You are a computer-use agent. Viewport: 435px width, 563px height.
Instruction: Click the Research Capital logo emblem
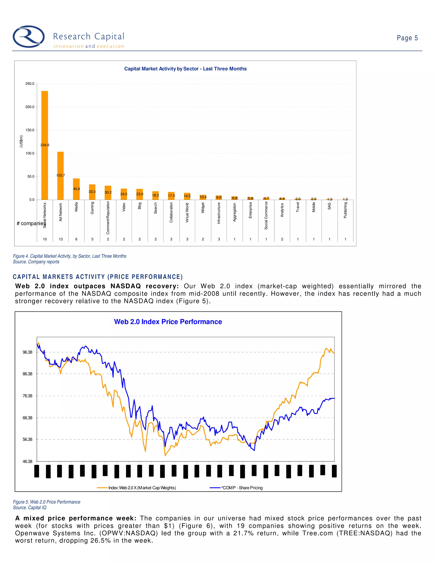point(29,37)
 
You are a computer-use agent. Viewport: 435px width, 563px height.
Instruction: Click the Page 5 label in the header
point(407,38)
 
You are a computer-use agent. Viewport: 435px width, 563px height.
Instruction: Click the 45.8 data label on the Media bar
point(76,189)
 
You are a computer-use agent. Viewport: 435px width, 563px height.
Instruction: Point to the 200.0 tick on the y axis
point(30,107)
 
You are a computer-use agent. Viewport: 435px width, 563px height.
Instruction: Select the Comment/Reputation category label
point(108,218)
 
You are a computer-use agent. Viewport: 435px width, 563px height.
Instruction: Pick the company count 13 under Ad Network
point(61,239)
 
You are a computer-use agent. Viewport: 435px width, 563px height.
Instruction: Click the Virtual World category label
point(187,213)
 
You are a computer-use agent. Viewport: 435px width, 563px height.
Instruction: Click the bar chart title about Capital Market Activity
point(185,69)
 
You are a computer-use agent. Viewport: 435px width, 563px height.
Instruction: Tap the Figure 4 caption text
point(70,256)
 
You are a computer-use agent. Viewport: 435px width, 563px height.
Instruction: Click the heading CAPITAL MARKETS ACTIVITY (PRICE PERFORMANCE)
point(98,277)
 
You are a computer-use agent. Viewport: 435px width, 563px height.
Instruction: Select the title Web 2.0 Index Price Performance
point(168,322)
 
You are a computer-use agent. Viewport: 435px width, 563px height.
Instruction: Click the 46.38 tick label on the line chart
point(27,461)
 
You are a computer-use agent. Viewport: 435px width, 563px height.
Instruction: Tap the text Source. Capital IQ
point(30,508)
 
